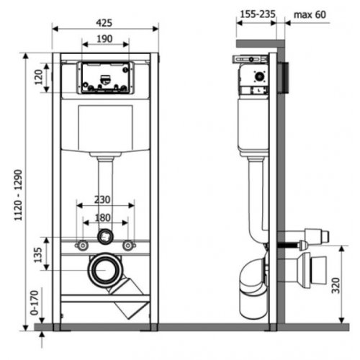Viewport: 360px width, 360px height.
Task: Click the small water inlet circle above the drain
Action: coord(106,235)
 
